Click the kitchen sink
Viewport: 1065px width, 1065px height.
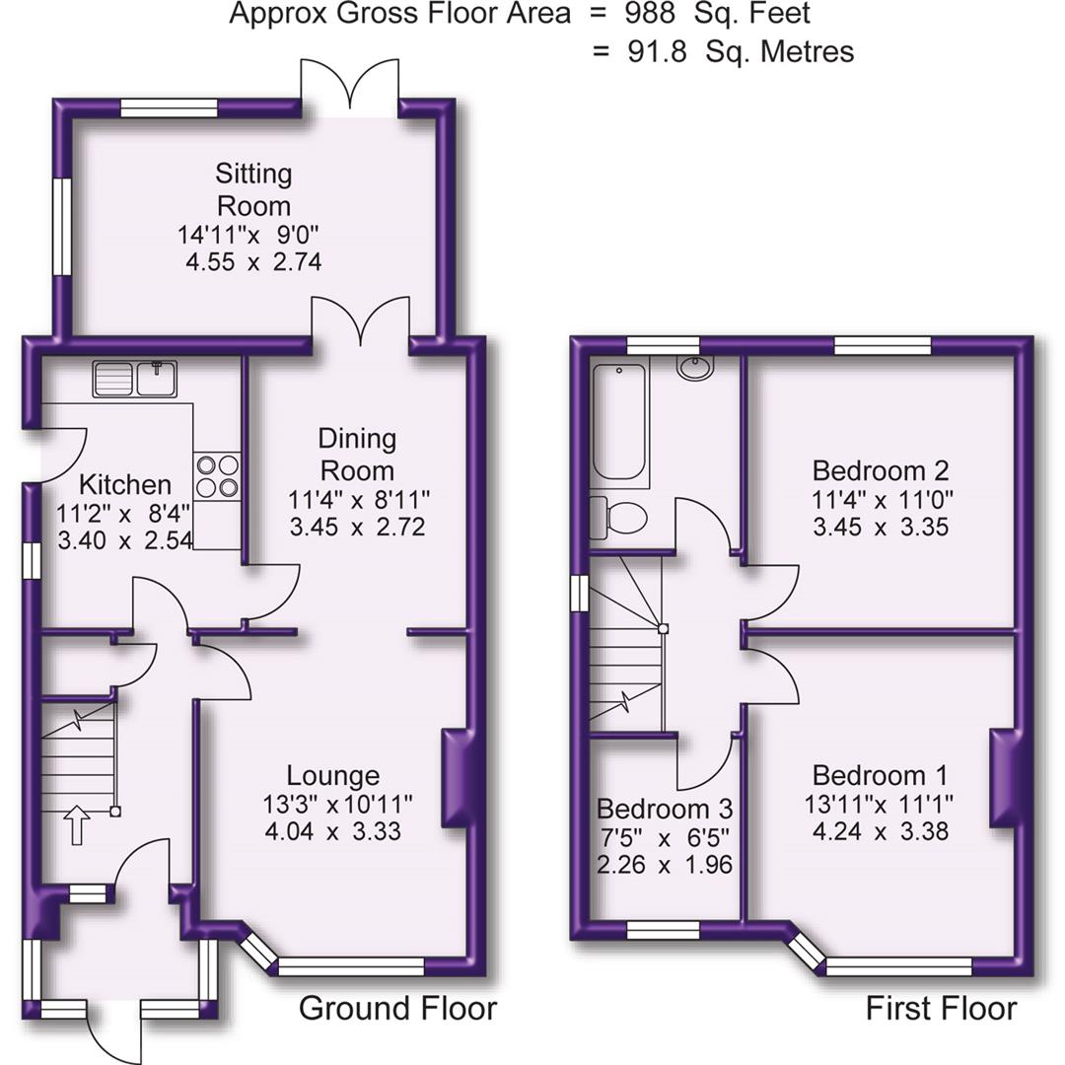point(134,380)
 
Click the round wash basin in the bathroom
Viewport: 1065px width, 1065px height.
point(697,367)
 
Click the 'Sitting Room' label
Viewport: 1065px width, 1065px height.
point(254,189)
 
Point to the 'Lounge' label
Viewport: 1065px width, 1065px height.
point(333,775)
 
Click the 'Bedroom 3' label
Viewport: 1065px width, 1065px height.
point(665,810)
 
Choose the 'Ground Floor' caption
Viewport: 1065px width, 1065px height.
point(397,1009)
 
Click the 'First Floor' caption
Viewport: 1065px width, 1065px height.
point(941,1009)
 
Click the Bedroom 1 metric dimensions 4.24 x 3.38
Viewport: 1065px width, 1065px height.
point(880,831)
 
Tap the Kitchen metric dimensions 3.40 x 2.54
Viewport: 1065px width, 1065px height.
point(124,540)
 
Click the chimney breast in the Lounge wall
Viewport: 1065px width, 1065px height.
point(456,777)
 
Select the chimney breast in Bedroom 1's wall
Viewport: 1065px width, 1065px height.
point(1002,777)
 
